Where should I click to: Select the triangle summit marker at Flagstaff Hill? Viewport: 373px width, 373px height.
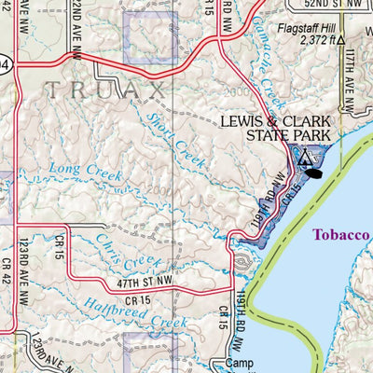tap(342, 41)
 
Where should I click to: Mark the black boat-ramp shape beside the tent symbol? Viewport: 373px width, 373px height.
tap(318, 173)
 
